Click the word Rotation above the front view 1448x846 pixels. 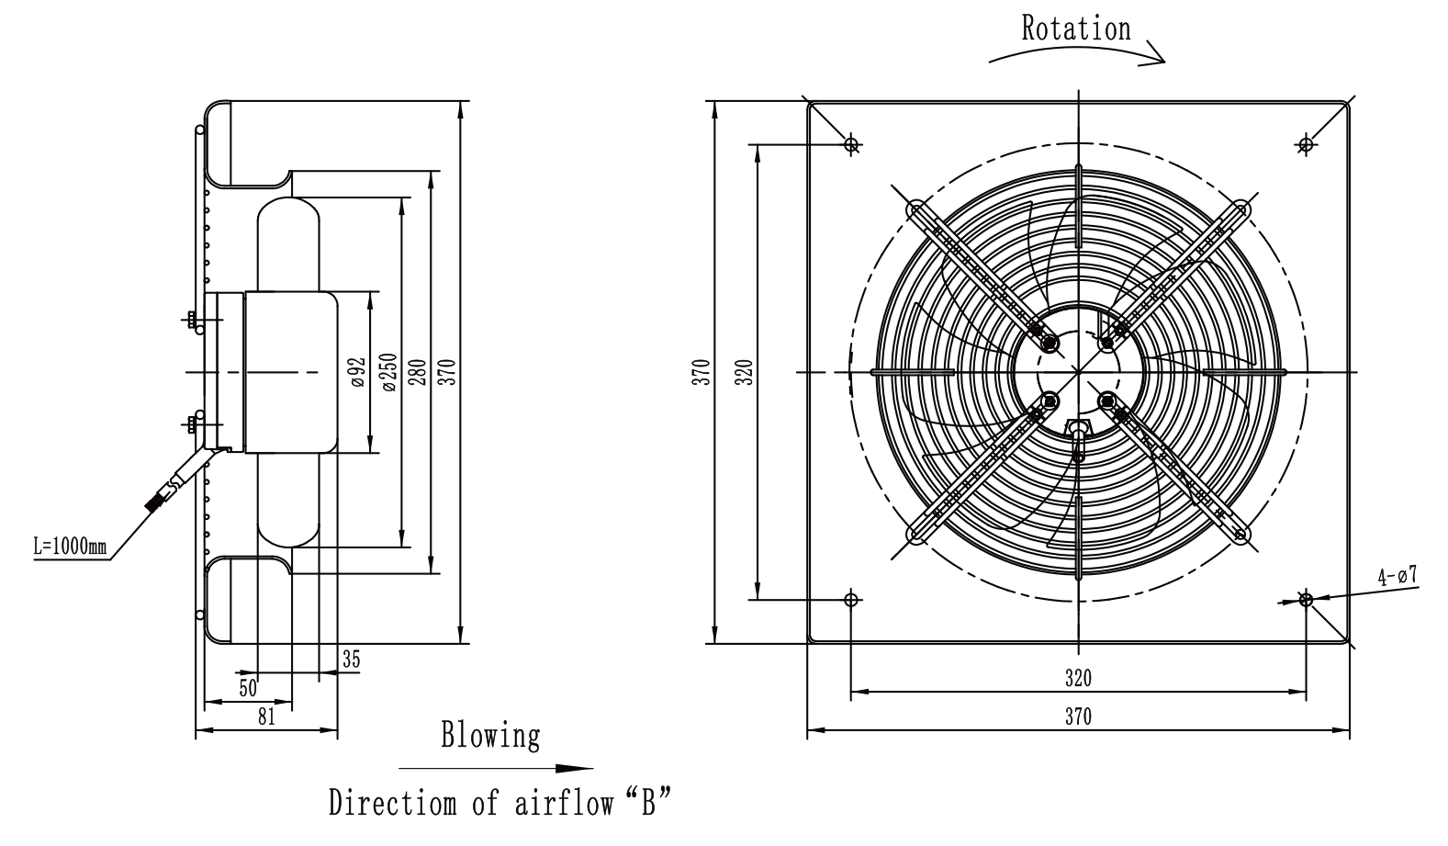tap(1076, 28)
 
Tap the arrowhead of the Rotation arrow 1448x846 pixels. tap(1157, 54)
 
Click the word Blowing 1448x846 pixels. tap(490, 736)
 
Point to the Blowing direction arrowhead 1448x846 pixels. tap(574, 769)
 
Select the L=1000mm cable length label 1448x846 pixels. tap(71, 547)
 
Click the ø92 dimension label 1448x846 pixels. tap(359, 372)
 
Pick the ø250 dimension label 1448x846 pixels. tap(388, 372)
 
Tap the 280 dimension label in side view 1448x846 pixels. tap(418, 372)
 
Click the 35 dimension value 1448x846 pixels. tap(351, 660)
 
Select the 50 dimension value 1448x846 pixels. tap(248, 688)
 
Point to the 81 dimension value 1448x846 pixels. tap(266, 716)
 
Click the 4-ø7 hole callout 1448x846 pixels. tap(1397, 575)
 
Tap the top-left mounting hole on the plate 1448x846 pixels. tap(851, 143)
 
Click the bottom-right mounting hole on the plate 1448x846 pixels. tap(1306, 600)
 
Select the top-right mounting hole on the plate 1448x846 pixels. tap(1306, 143)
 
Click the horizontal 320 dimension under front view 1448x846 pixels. tap(1078, 678)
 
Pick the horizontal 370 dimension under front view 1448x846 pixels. tap(1078, 716)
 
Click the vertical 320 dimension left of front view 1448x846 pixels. tap(746, 372)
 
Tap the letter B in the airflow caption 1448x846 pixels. tap(648, 802)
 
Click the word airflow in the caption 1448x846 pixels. tap(565, 802)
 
